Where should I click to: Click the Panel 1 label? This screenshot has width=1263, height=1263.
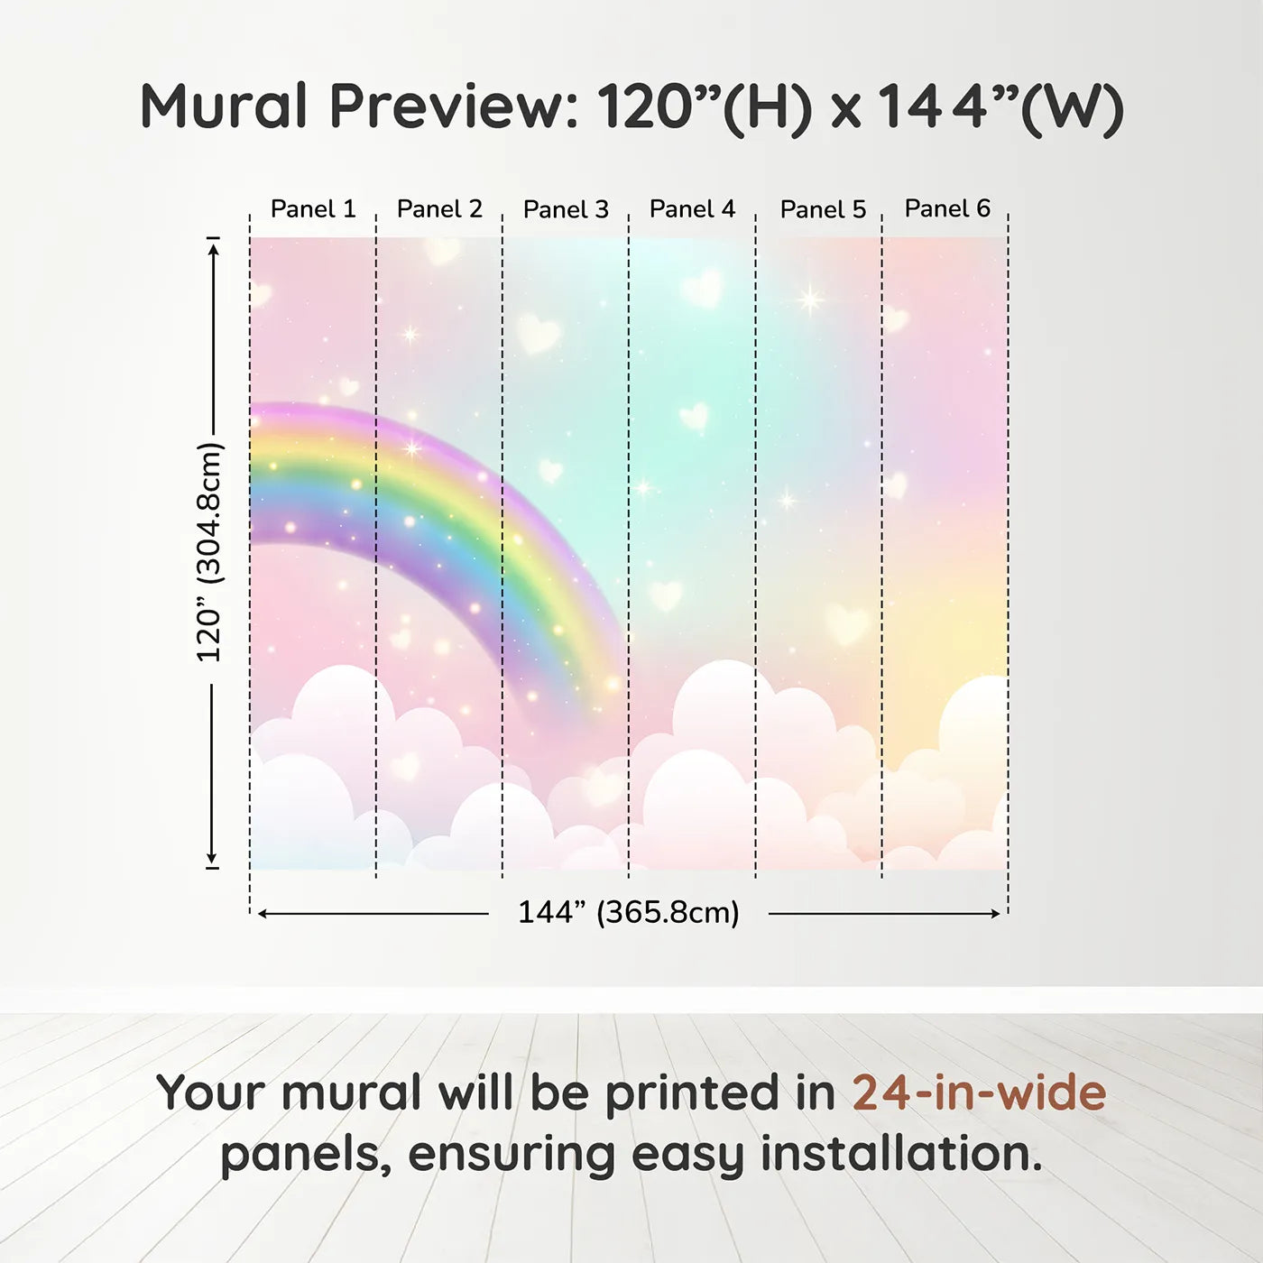(313, 209)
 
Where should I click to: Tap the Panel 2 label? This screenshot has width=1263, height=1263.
(439, 209)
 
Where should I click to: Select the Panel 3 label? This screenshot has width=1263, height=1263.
(567, 209)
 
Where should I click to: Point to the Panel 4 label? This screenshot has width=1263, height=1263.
(693, 209)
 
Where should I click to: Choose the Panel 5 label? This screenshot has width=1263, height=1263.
(824, 209)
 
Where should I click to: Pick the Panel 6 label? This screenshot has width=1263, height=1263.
(948, 208)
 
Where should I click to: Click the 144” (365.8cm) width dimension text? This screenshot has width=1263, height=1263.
(629, 912)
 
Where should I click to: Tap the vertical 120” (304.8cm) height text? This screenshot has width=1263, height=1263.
(210, 552)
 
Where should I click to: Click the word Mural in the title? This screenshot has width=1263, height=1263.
(224, 106)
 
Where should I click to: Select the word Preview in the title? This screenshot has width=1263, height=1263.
(455, 107)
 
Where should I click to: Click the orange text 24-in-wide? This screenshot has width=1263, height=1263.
(979, 1092)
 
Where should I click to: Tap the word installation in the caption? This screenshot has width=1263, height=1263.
(901, 1154)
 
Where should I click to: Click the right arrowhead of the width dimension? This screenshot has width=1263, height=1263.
(994, 914)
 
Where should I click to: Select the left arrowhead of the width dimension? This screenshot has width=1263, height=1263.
(263, 914)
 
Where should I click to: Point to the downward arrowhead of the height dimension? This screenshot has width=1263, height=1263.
(211, 857)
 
